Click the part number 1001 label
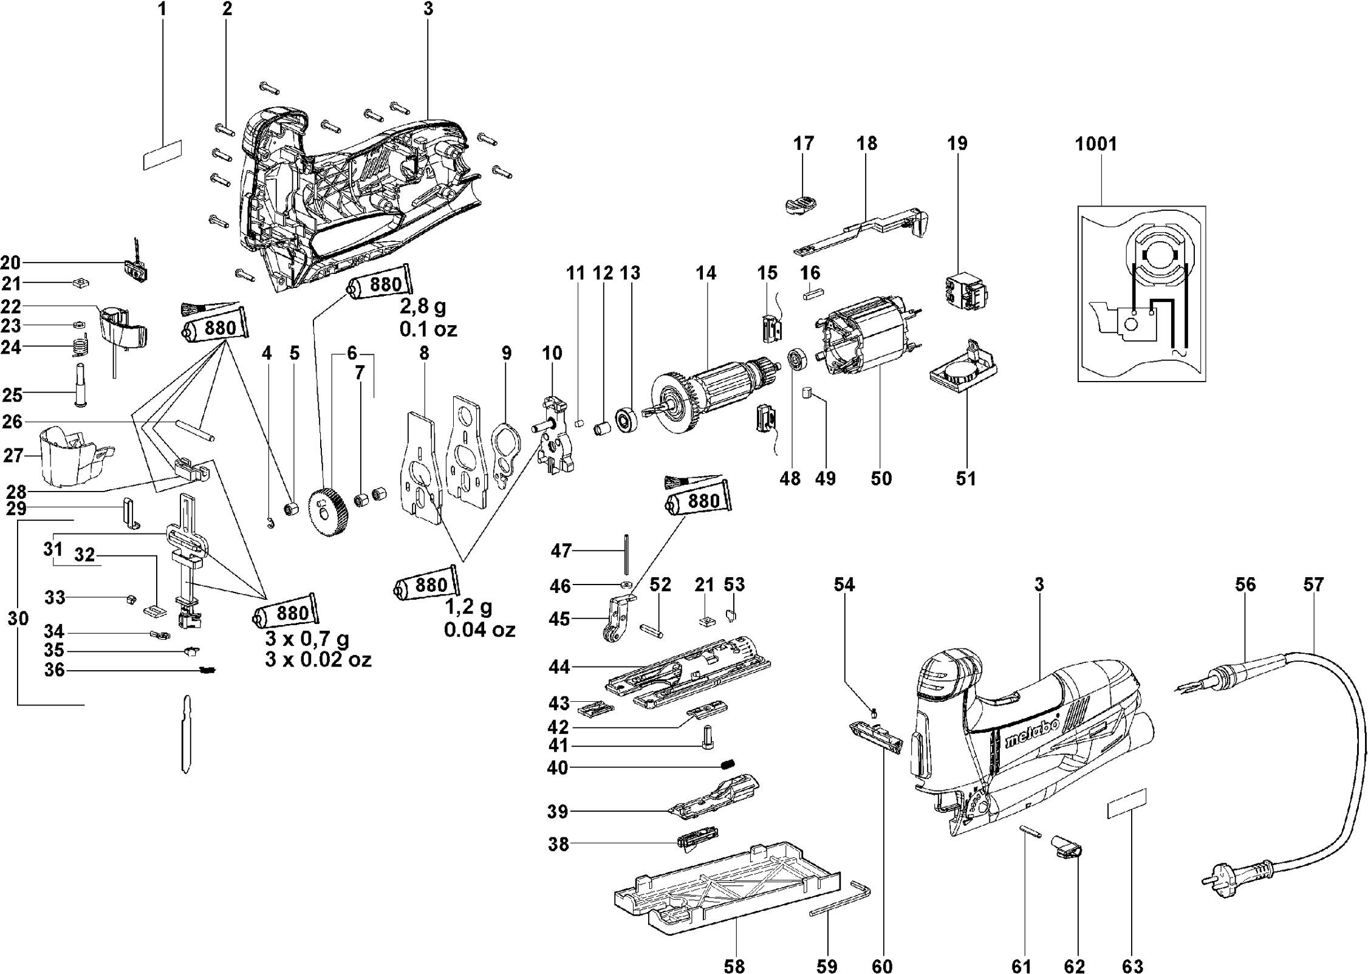1096,144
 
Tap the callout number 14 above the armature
706,273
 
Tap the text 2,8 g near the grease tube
423,306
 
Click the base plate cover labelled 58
723,889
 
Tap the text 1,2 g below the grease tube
468,606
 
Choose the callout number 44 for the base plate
559,667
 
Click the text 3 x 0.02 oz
318,659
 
